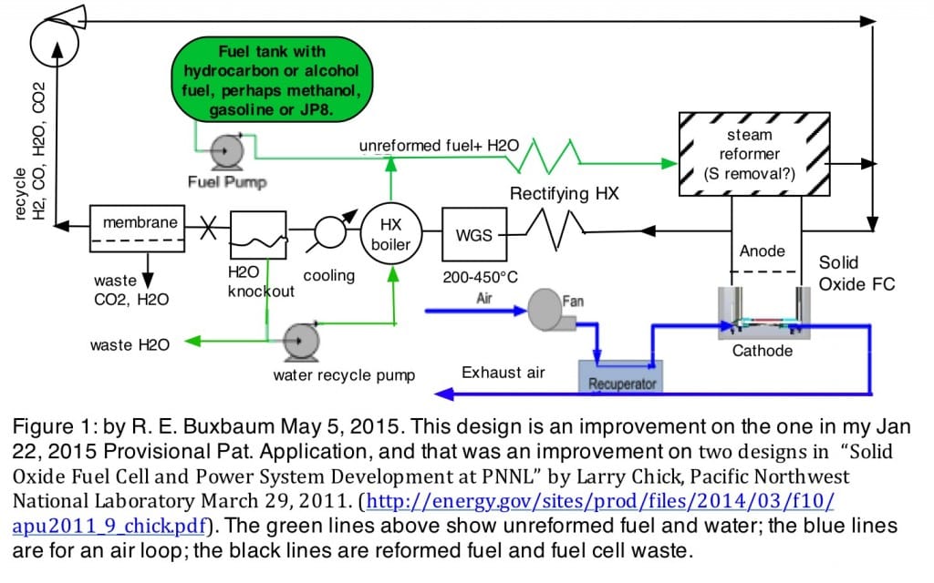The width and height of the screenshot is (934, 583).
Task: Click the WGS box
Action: click(x=472, y=234)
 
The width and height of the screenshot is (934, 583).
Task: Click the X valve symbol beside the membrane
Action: click(x=208, y=222)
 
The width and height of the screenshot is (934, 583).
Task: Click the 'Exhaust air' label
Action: click(x=503, y=372)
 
